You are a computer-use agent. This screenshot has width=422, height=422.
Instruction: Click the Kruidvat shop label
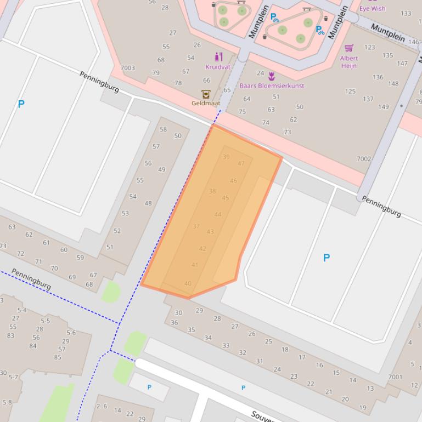coord(218,67)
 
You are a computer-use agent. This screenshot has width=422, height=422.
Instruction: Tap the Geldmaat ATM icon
coord(206,94)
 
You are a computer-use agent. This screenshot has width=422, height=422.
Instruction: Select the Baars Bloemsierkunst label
coord(271,85)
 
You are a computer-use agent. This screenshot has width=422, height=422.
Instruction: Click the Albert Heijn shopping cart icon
coord(349,48)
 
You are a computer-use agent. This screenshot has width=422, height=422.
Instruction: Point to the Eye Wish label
coord(372,8)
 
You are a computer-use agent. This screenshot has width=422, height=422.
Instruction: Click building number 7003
coord(127,68)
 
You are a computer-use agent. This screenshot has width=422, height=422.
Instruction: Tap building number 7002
coord(364,159)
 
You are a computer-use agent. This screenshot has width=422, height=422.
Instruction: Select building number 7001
coord(395,377)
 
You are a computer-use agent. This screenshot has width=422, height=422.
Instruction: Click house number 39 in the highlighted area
coord(226,157)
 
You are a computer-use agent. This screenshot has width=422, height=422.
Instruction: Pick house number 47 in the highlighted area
coord(241,163)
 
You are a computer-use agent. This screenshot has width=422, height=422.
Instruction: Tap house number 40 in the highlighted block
coord(188,283)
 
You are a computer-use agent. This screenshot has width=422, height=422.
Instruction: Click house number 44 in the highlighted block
coord(218,214)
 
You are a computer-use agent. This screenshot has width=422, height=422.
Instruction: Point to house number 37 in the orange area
coord(196,226)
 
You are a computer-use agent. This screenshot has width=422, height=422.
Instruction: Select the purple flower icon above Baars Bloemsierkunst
coord(271,76)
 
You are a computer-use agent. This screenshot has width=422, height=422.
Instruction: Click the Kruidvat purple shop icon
coord(218,56)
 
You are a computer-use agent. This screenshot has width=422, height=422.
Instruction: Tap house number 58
coord(163,129)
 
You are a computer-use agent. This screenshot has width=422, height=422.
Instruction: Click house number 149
coord(383,107)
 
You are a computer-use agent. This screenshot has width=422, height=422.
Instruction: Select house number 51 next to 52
coord(110,247)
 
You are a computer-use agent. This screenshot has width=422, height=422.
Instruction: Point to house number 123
coord(370,47)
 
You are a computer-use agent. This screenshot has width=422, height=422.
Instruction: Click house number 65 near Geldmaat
coord(227,90)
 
